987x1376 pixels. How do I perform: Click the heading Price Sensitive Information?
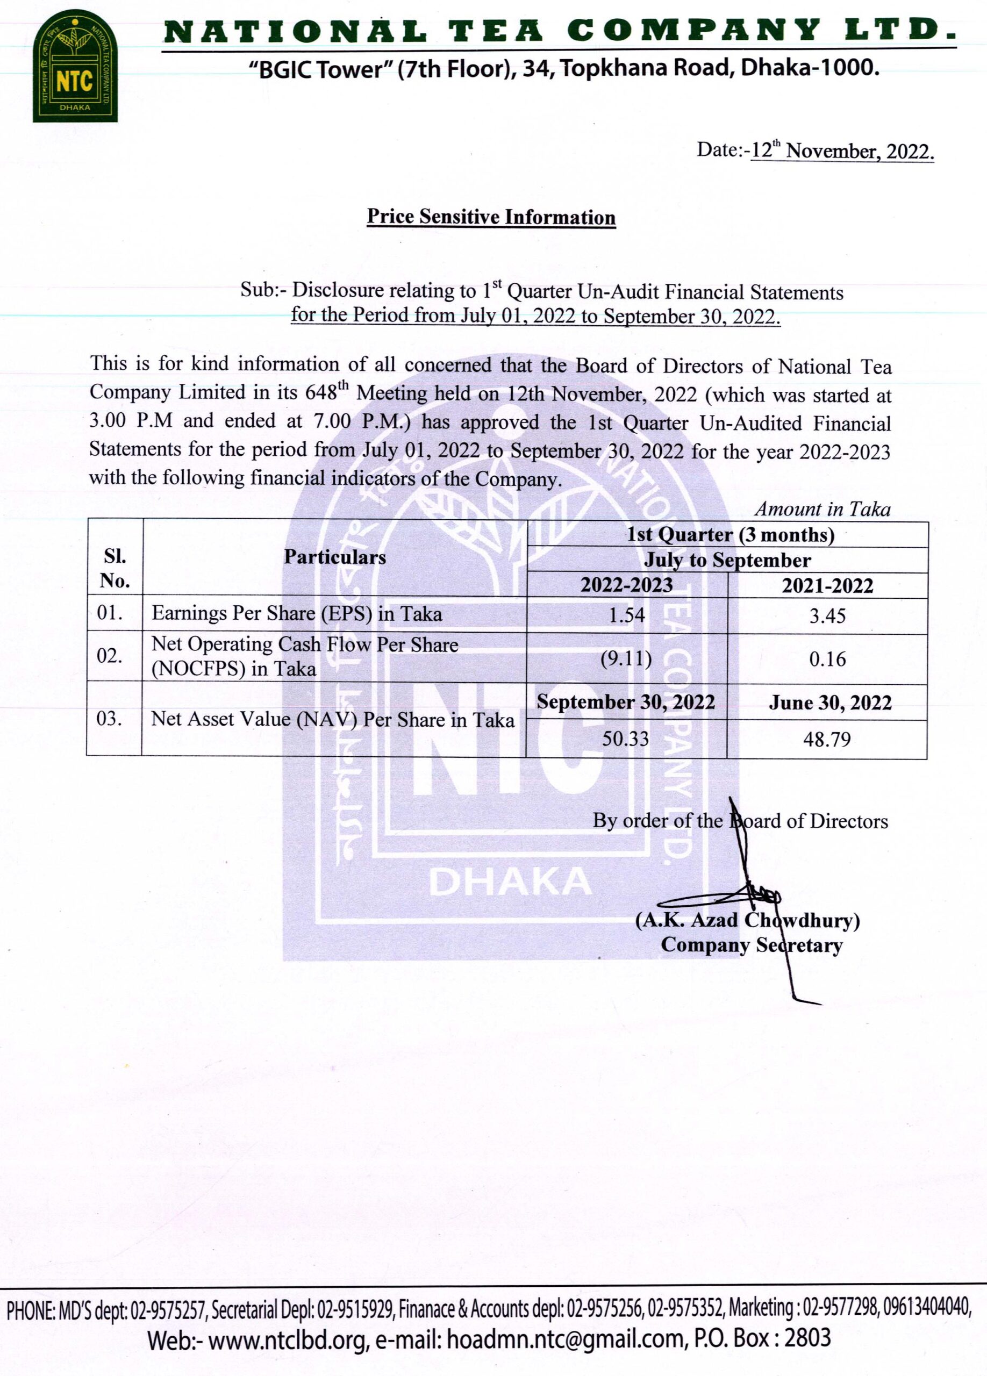(x=491, y=217)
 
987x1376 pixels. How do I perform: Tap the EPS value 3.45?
(x=827, y=617)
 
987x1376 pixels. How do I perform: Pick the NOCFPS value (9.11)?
(x=626, y=658)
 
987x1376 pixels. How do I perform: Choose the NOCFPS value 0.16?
(x=827, y=659)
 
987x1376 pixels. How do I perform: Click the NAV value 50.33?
(x=625, y=739)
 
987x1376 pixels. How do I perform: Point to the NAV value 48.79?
(x=827, y=740)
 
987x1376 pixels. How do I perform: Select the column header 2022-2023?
(x=627, y=585)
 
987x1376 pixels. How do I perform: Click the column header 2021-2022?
(x=827, y=586)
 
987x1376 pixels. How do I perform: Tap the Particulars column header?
(x=335, y=557)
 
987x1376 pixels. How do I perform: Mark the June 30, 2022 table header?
(x=830, y=703)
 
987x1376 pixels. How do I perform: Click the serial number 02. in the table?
(x=110, y=656)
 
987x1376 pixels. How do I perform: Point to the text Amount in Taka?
(x=822, y=509)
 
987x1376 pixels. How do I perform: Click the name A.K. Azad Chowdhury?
(x=747, y=920)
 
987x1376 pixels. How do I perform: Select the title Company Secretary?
(x=751, y=944)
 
